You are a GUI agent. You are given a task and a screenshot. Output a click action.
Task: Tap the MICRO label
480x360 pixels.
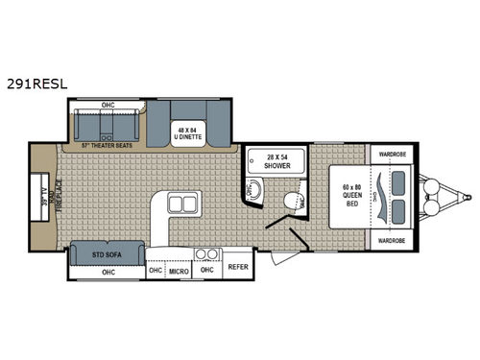click(179, 271)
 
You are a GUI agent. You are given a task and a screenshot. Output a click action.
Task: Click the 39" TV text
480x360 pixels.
click(38, 201)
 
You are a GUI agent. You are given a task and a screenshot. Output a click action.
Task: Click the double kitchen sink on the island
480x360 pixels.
click(181, 204)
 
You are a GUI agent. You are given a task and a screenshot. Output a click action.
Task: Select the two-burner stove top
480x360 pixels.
click(205, 254)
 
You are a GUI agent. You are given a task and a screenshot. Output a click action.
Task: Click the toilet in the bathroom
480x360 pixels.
click(292, 198)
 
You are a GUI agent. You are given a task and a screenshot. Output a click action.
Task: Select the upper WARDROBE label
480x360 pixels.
click(392, 154)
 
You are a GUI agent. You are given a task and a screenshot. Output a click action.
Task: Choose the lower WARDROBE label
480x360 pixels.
click(392, 241)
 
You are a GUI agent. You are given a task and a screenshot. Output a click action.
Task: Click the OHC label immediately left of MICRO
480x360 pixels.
click(156, 271)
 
